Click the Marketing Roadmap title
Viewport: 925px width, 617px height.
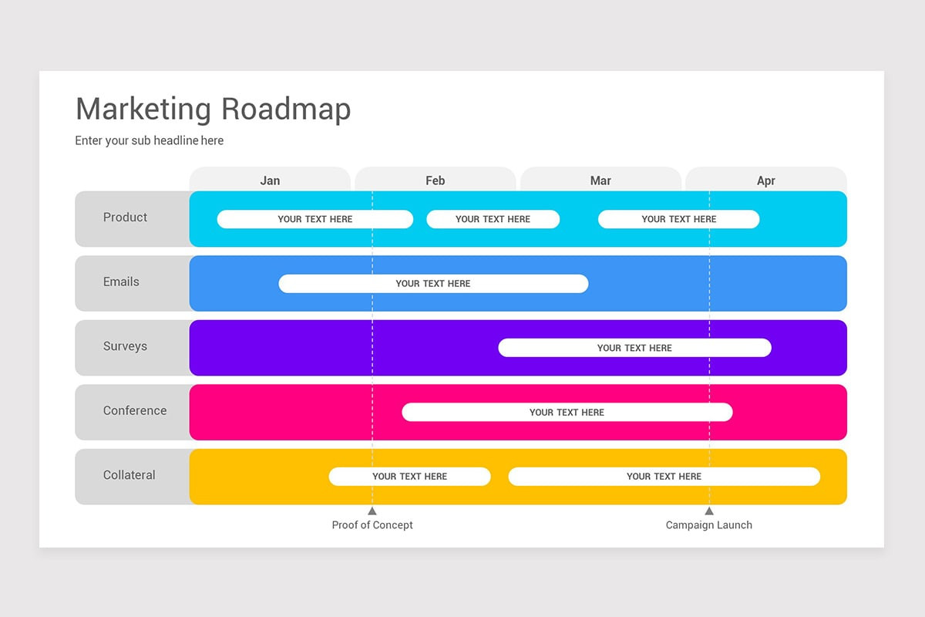[x=213, y=110]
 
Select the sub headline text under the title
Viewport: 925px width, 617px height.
[x=149, y=140]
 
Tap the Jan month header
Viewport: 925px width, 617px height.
[x=270, y=180]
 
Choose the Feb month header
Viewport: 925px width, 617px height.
[x=435, y=180]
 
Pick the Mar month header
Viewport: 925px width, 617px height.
[x=600, y=180]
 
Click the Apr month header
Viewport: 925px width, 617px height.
[x=765, y=180]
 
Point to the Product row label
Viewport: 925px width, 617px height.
[x=125, y=217]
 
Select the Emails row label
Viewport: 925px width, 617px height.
[x=121, y=282]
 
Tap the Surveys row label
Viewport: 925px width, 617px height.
[x=125, y=346]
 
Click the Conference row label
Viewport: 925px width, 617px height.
[x=135, y=411]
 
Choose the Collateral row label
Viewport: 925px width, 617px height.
[x=129, y=475]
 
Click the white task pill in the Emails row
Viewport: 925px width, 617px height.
[x=433, y=284]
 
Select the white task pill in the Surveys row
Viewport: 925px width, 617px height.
[x=634, y=348]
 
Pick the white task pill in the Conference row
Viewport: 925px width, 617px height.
[x=567, y=413]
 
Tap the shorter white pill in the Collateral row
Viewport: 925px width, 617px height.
[x=409, y=477]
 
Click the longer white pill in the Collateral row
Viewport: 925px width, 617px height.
[x=664, y=477]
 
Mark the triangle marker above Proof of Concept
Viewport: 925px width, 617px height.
[x=372, y=511]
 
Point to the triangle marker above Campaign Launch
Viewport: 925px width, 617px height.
[x=709, y=511]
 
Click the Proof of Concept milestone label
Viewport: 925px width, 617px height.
[x=372, y=525]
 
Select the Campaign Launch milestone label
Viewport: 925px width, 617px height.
[x=709, y=525]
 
